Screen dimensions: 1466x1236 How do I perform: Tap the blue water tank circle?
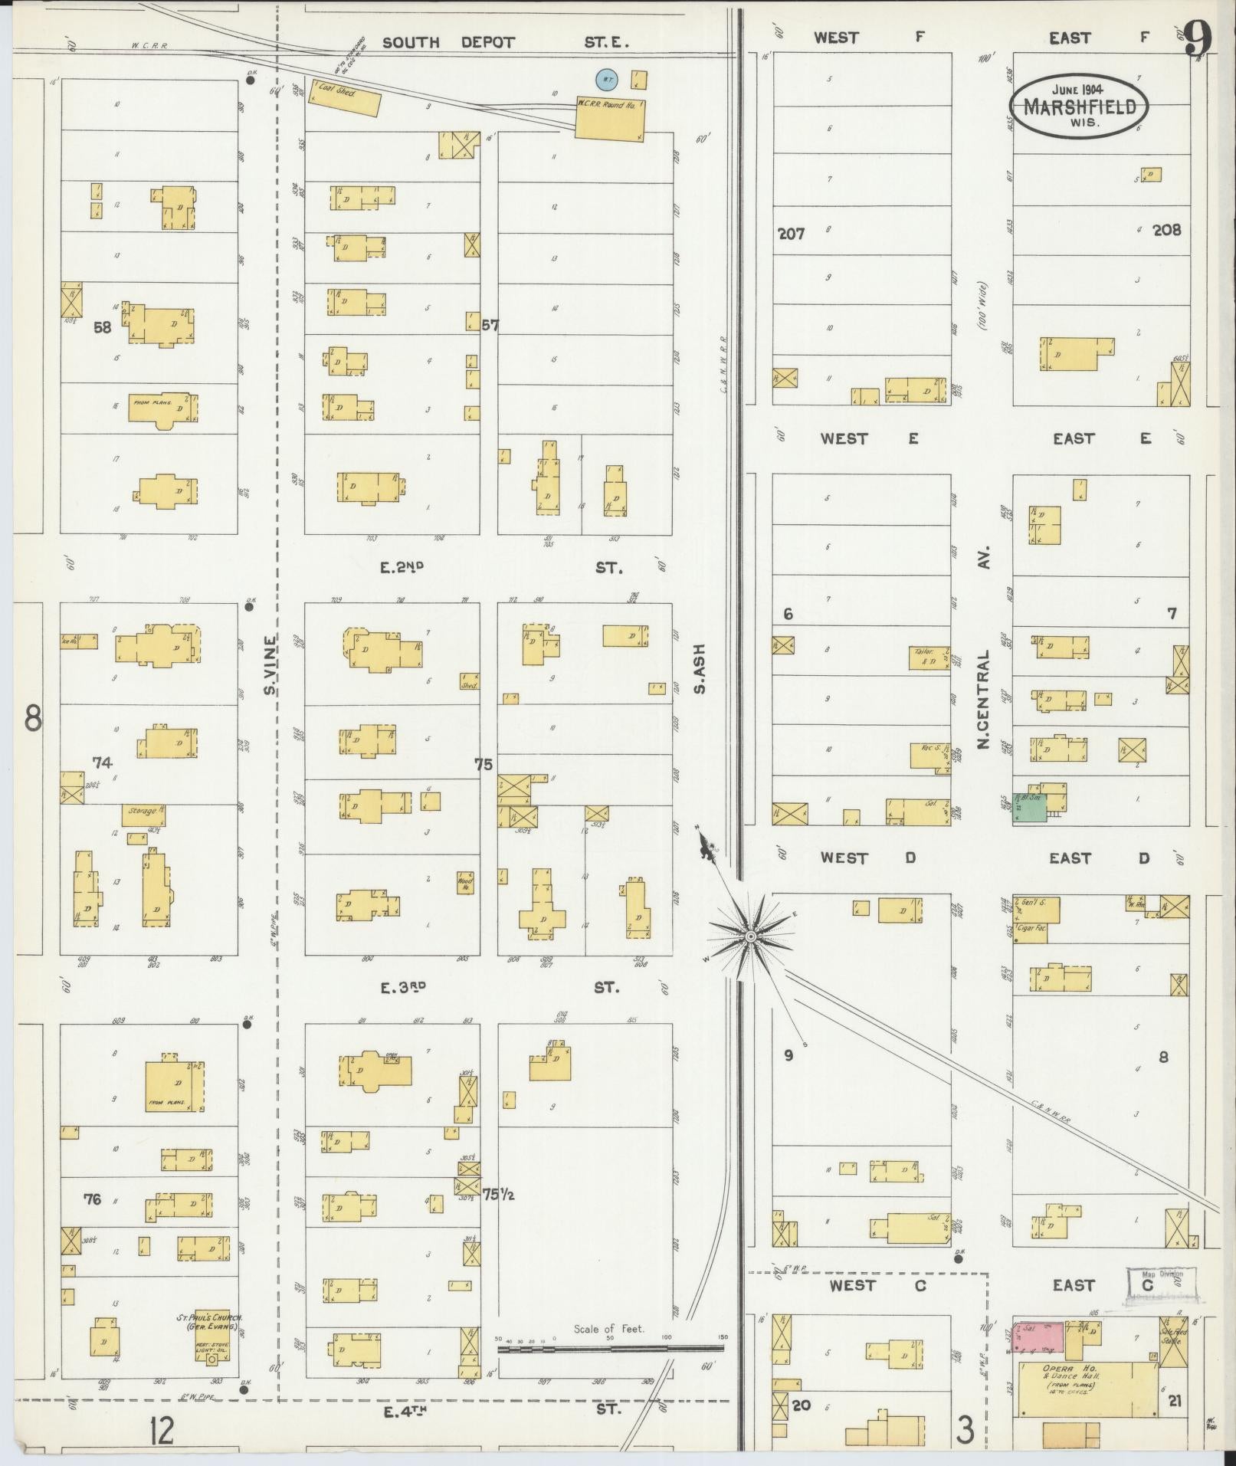pos(606,78)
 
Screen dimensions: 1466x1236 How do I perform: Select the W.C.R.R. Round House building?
pos(609,120)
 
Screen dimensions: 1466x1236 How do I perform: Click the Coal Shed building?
pos(345,100)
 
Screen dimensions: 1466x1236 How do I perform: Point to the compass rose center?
pos(751,936)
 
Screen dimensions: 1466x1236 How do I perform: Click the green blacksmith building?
pos(1030,808)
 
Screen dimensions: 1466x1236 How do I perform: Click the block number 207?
pos(792,234)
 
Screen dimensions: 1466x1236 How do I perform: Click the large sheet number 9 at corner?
pos(1198,37)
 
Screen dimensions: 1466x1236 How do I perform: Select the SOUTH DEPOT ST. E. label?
pos(505,42)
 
